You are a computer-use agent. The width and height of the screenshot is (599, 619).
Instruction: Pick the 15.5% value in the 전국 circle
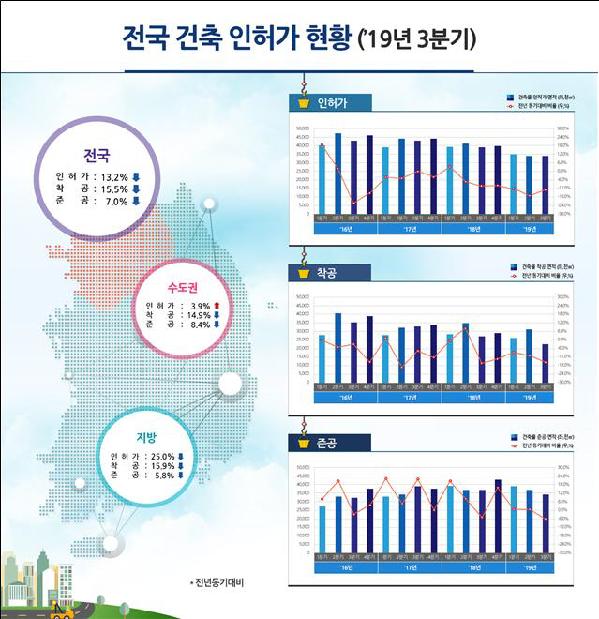coord(114,188)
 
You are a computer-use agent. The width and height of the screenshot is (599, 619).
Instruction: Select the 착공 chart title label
coord(327,273)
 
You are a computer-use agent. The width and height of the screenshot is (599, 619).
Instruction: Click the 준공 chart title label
coord(328,443)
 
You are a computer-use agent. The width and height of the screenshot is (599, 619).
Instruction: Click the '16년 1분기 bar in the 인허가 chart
coord(322,178)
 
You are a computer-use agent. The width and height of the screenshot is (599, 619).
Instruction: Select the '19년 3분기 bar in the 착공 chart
coord(545,363)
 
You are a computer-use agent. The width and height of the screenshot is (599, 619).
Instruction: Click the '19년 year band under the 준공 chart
coord(529,567)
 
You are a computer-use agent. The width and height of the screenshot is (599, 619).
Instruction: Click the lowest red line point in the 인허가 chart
coord(354,203)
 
